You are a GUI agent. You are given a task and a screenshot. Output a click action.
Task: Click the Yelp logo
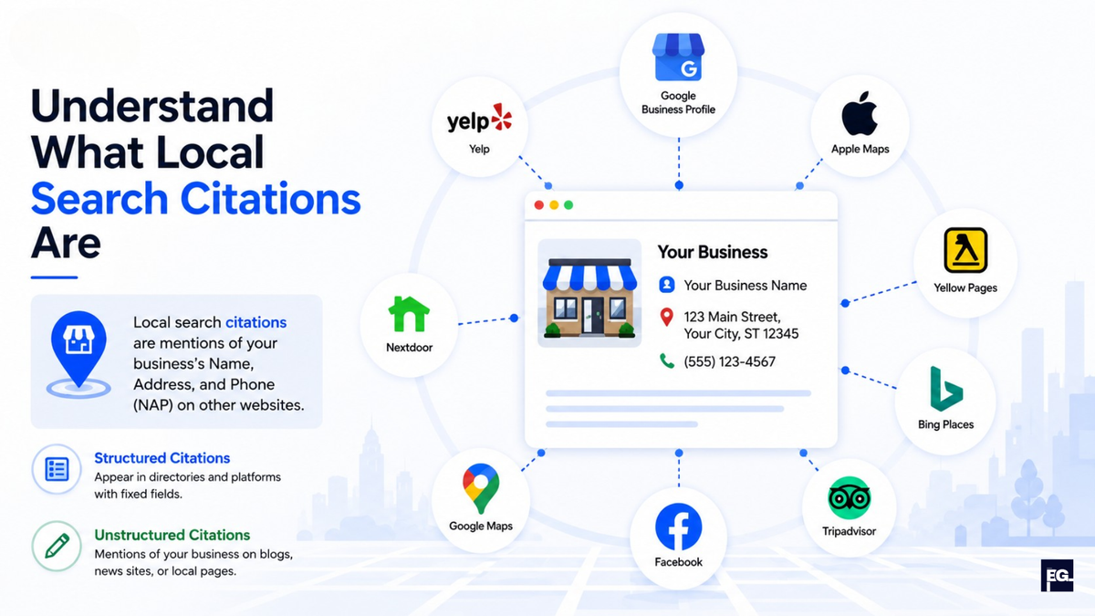479,118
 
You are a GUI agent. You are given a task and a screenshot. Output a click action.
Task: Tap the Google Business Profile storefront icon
679,57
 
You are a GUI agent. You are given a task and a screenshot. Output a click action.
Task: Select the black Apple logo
860,113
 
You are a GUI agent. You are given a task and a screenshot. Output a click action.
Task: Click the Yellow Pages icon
965,250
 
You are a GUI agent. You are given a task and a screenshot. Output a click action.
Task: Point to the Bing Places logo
946,389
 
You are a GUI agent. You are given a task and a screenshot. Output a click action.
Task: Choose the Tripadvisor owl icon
850,498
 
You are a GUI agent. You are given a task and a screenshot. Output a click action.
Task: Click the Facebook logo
679,527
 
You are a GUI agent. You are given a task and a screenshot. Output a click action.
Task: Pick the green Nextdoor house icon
409,314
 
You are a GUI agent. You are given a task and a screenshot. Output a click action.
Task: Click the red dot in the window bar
539,204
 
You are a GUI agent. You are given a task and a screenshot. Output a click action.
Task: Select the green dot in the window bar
568,204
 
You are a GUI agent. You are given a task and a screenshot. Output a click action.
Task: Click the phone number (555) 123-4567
729,361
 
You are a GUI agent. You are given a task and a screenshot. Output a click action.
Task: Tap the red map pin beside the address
666,318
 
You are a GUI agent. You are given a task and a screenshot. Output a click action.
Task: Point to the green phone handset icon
667,361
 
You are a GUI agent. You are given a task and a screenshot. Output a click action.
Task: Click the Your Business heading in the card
713,252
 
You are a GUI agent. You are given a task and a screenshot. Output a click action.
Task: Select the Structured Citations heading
162,458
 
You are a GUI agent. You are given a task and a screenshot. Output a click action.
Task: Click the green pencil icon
57,546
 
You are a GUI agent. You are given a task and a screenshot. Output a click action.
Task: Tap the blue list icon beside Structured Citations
57,469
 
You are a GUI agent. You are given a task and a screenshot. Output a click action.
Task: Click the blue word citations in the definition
255,323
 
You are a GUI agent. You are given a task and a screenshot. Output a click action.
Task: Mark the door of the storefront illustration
593,316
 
